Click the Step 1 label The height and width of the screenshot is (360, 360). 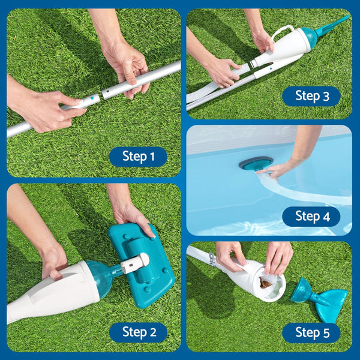pos(138,157)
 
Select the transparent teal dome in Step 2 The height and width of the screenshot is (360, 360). pos(100,278)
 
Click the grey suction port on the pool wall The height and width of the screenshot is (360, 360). pos(256,163)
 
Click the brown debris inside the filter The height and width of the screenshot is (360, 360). pos(263,280)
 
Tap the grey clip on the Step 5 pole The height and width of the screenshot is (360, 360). pos(211,259)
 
